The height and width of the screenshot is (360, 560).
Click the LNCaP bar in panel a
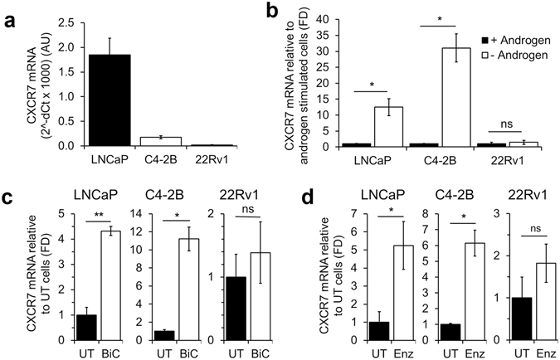pyautogui.click(x=98, y=100)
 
